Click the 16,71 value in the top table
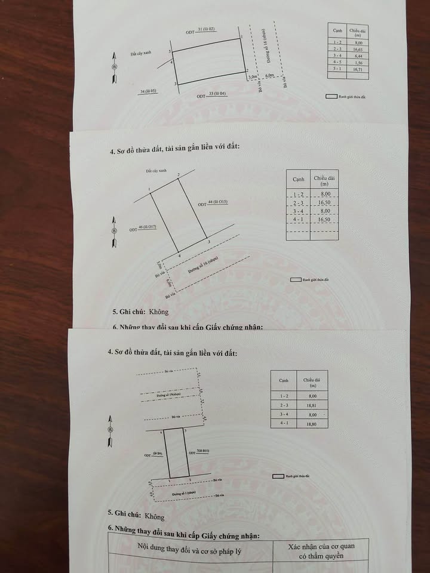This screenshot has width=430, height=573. click(358, 69)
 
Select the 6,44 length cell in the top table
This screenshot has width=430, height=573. click(358, 56)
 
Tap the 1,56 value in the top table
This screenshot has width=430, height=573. click(358, 63)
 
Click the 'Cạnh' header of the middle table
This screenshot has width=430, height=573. click(298, 179)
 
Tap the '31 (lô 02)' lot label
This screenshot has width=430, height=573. click(205, 29)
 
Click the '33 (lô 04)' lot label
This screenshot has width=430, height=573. click(218, 93)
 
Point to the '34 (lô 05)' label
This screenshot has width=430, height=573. click(148, 91)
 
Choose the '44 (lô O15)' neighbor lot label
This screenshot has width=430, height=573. click(217, 202)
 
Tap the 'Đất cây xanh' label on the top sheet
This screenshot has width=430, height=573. click(142, 53)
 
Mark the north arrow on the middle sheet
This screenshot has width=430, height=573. click(114, 234)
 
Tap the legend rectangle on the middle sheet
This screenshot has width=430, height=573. click(294, 279)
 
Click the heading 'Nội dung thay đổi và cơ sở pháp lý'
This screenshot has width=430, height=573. click(189, 546)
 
